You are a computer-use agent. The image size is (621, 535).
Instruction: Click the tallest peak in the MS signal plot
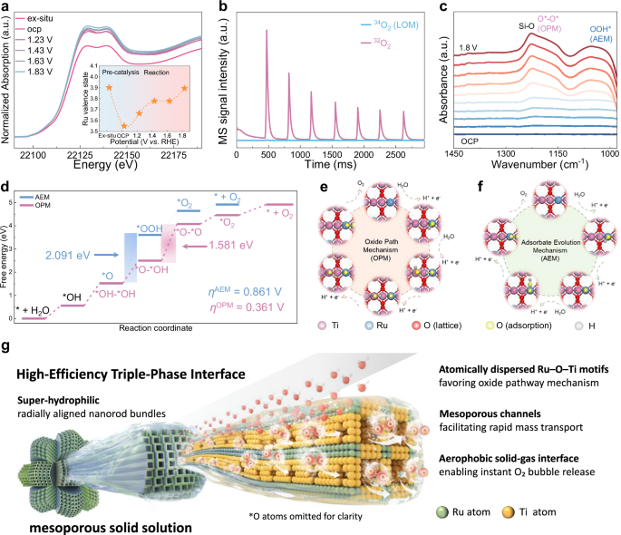tap(267, 31)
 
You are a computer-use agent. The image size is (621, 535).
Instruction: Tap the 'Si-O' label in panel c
tap(493, 25)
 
